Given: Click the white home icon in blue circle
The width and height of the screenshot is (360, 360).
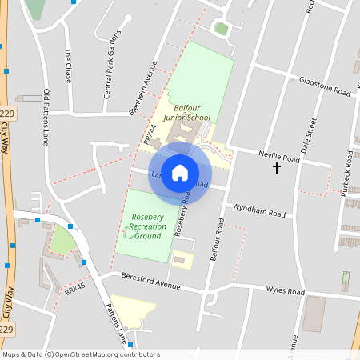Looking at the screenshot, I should click(x=180, y=172).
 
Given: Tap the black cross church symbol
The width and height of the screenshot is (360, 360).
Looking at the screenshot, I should click(x=277, y=168).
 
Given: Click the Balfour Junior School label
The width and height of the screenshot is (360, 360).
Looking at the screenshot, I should click(x=186, y=112).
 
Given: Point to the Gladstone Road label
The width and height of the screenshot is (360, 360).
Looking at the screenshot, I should click(x=325, y=86).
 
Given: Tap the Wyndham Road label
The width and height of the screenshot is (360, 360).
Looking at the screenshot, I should click(x=258, y=212).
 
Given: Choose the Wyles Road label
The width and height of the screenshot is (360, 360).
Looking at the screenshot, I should click(x=285, y=290).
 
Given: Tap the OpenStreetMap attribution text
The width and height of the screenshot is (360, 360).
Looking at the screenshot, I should click(x=80, y=354).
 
